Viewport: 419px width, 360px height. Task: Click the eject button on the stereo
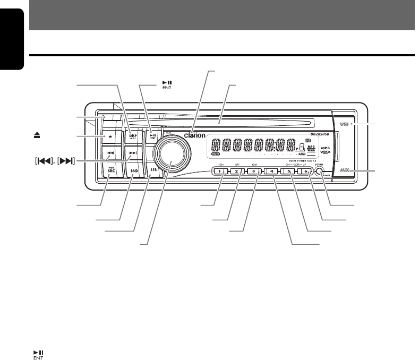[110, 136]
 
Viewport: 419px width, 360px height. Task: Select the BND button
[134, 172]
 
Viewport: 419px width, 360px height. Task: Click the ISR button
[153, 171]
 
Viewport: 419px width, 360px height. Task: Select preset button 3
[254, 172]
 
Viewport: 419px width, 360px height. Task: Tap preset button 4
[271, 172]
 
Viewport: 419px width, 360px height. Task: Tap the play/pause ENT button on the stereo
[152, 136]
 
